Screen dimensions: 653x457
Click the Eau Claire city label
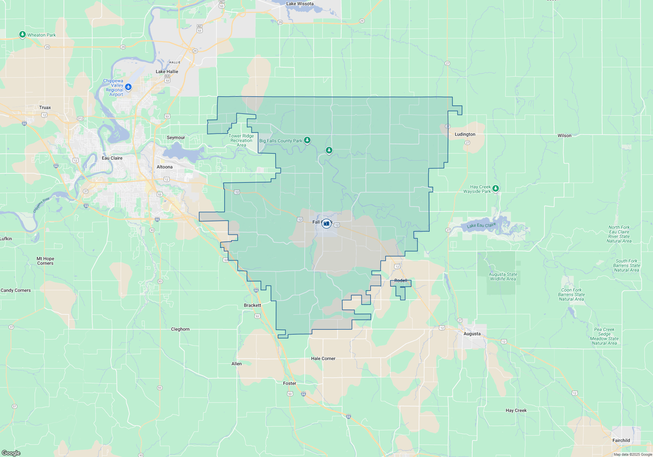pyautogui.click(x=112, y=158)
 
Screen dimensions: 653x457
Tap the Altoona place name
pyautogui.click(x=165, y=167)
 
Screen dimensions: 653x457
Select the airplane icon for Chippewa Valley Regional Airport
pyautogui.click(x=128, y=87)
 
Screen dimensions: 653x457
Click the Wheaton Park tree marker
pyautogui.click(x=22, y=34)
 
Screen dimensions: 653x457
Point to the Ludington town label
pyautogui.click(x=465, y=134)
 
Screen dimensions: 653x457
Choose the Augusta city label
pyautogui.click(x=472, y=334)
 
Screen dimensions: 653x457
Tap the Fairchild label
pyautogui.click(x=621, y=440)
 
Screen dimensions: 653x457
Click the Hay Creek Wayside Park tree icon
pyautogui.click(x=495, y=188)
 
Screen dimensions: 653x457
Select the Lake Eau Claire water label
pyautogui.click(x=481, y=225)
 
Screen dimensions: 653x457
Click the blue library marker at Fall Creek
pyautogui.click(x=326, y=224)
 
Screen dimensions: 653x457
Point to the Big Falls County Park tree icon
pyautogui.click(x=307, y=140)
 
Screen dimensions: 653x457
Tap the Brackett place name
pyautogui.click(x=252, y=305)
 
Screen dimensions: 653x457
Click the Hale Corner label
pyautogui.click(x=323, y=358)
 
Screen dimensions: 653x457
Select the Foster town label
pyautogui.click(x=290, y=383)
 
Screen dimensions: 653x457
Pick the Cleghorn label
pyautogui.click(x=180, y=329)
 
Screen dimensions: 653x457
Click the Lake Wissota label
pyautogui.click(x=300, y=4)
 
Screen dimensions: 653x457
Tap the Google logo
pyautogui.click(x=11, y=453)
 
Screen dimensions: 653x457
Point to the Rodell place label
pyautogui.click(x=401, y=280)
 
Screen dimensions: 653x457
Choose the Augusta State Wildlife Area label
pyautogui.click(x=503, y=276)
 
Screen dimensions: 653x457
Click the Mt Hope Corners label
pyautogui.click(x=45, y=261)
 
